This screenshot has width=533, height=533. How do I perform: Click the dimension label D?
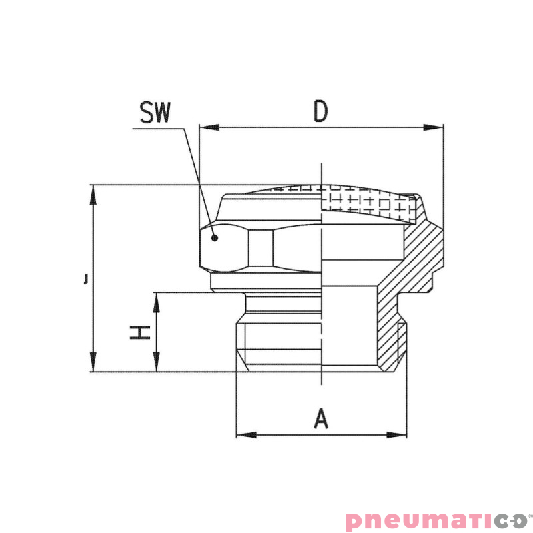[x=321, y=112]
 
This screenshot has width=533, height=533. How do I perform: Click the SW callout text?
[x=155, y=113]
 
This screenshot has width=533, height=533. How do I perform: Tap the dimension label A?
[x=322, y=420]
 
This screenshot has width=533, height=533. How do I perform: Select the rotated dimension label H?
[x=139, y=332]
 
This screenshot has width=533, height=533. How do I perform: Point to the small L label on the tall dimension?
[x=86, y=278]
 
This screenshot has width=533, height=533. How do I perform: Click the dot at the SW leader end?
[x=214, y=237]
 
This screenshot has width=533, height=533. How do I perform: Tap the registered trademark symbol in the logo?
[x=530, y=515]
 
